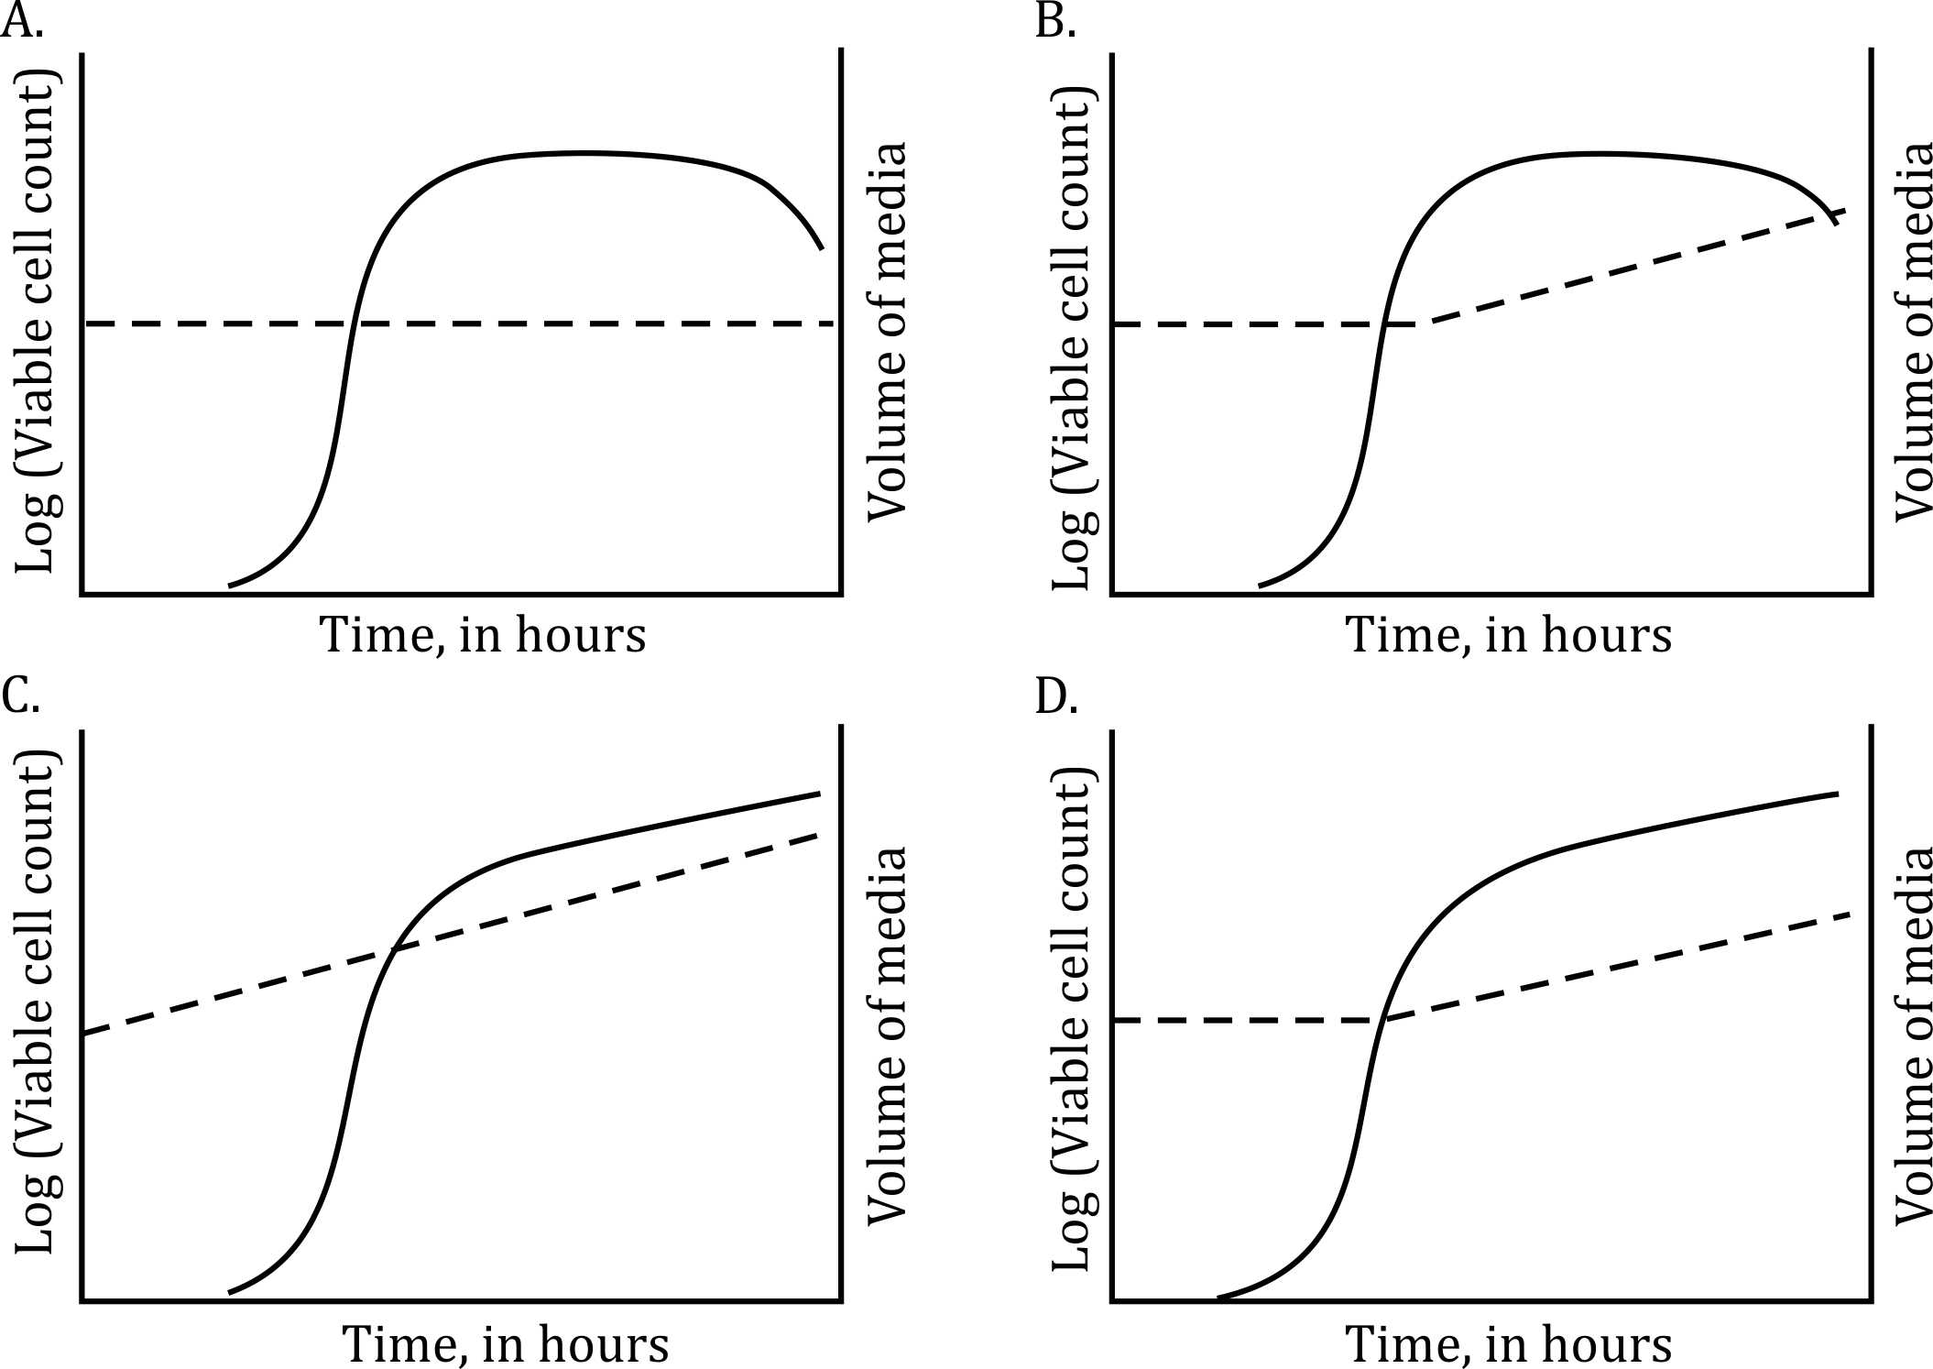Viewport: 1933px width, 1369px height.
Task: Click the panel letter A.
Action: point(20,20)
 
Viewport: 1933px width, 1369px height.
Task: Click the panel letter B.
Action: point(1054,20)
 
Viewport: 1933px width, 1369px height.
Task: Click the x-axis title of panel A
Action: point(482,635)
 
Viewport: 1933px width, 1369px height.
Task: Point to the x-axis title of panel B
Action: point(1508,635)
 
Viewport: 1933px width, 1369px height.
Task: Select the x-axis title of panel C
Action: point(506,1344)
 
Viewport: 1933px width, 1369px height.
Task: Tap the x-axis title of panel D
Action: point(1508,1344)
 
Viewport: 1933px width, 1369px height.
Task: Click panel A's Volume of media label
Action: point(887,332)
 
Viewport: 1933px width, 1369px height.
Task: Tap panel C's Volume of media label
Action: point(887,1035)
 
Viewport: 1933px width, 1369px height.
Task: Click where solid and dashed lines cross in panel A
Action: point(350,323)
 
